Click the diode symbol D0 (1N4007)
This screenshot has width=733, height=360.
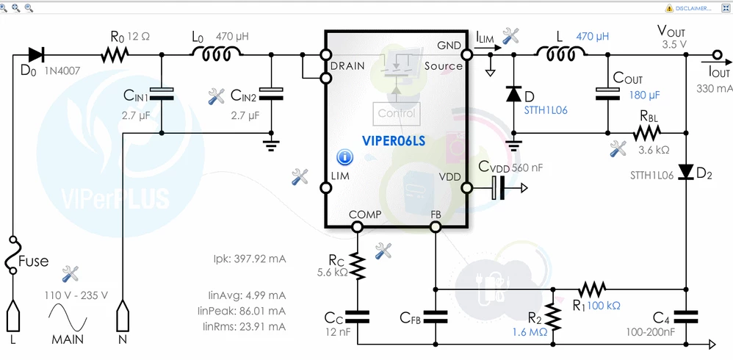click(37, 54)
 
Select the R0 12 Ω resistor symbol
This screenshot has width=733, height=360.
click(115, 54)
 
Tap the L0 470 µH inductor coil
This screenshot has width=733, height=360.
click(216, 54)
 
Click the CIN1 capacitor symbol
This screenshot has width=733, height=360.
click(162, 93)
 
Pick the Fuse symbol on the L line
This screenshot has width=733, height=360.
click(14, 255)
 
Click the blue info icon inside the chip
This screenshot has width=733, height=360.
click(345, 157)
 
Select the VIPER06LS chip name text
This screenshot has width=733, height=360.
click(394, 140)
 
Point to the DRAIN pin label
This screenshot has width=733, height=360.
click(347, 66)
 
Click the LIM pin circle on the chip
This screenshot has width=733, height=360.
click(326, 188)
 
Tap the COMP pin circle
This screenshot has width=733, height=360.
click(357, 227)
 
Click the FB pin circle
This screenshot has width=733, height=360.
click(436, 227)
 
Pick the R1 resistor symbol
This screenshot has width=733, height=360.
click(592, 289)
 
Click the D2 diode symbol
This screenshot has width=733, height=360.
click(685, 172)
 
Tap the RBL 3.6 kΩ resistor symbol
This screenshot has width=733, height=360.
click(647, 133)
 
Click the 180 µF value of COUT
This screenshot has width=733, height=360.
click(644, 95)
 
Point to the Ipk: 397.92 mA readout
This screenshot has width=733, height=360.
click(250, 259)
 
